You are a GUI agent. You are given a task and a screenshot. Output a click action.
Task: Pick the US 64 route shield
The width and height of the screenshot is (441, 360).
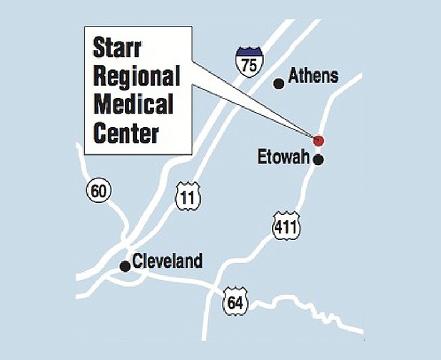click(x=234, y=299)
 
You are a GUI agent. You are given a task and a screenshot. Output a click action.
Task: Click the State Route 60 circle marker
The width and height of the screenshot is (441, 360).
click(x=98, y=191)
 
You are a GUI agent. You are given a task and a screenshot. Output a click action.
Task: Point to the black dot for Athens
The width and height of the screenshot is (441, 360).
click(x=279, y=84)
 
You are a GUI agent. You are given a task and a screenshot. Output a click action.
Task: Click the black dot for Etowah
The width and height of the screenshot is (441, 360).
click(x=318, y=159)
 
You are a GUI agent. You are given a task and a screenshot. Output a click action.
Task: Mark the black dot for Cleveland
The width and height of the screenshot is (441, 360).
click(x=125, y=266)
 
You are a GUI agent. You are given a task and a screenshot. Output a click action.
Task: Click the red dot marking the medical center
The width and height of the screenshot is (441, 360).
click(x=318, y=140)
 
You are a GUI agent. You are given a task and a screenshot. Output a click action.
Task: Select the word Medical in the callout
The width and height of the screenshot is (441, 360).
click(x=133, y=104)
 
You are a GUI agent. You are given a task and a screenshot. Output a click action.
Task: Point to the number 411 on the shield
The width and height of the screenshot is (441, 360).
click(x=286, y=228)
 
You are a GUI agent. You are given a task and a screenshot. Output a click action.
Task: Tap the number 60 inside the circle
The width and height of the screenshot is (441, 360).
click(x=98, y=191)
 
